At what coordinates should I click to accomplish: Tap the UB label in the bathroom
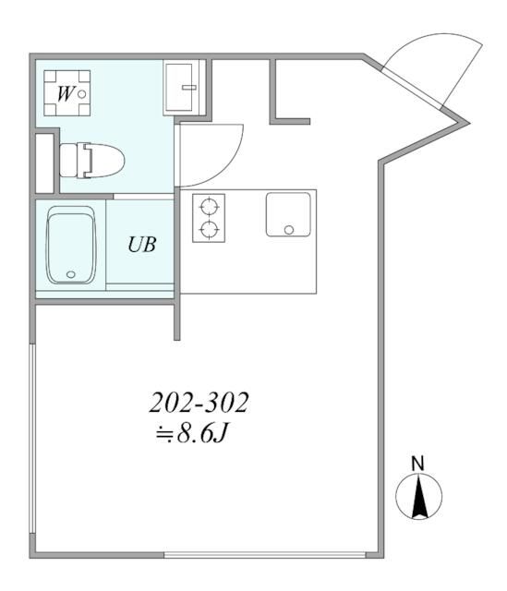141,245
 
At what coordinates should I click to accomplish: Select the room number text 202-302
200,403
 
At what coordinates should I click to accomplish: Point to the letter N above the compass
417,463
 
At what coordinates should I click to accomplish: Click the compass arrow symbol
418,498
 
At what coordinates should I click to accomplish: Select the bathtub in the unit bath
71,245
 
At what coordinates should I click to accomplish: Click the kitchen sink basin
287,213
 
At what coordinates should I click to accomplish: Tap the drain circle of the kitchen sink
288,228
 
